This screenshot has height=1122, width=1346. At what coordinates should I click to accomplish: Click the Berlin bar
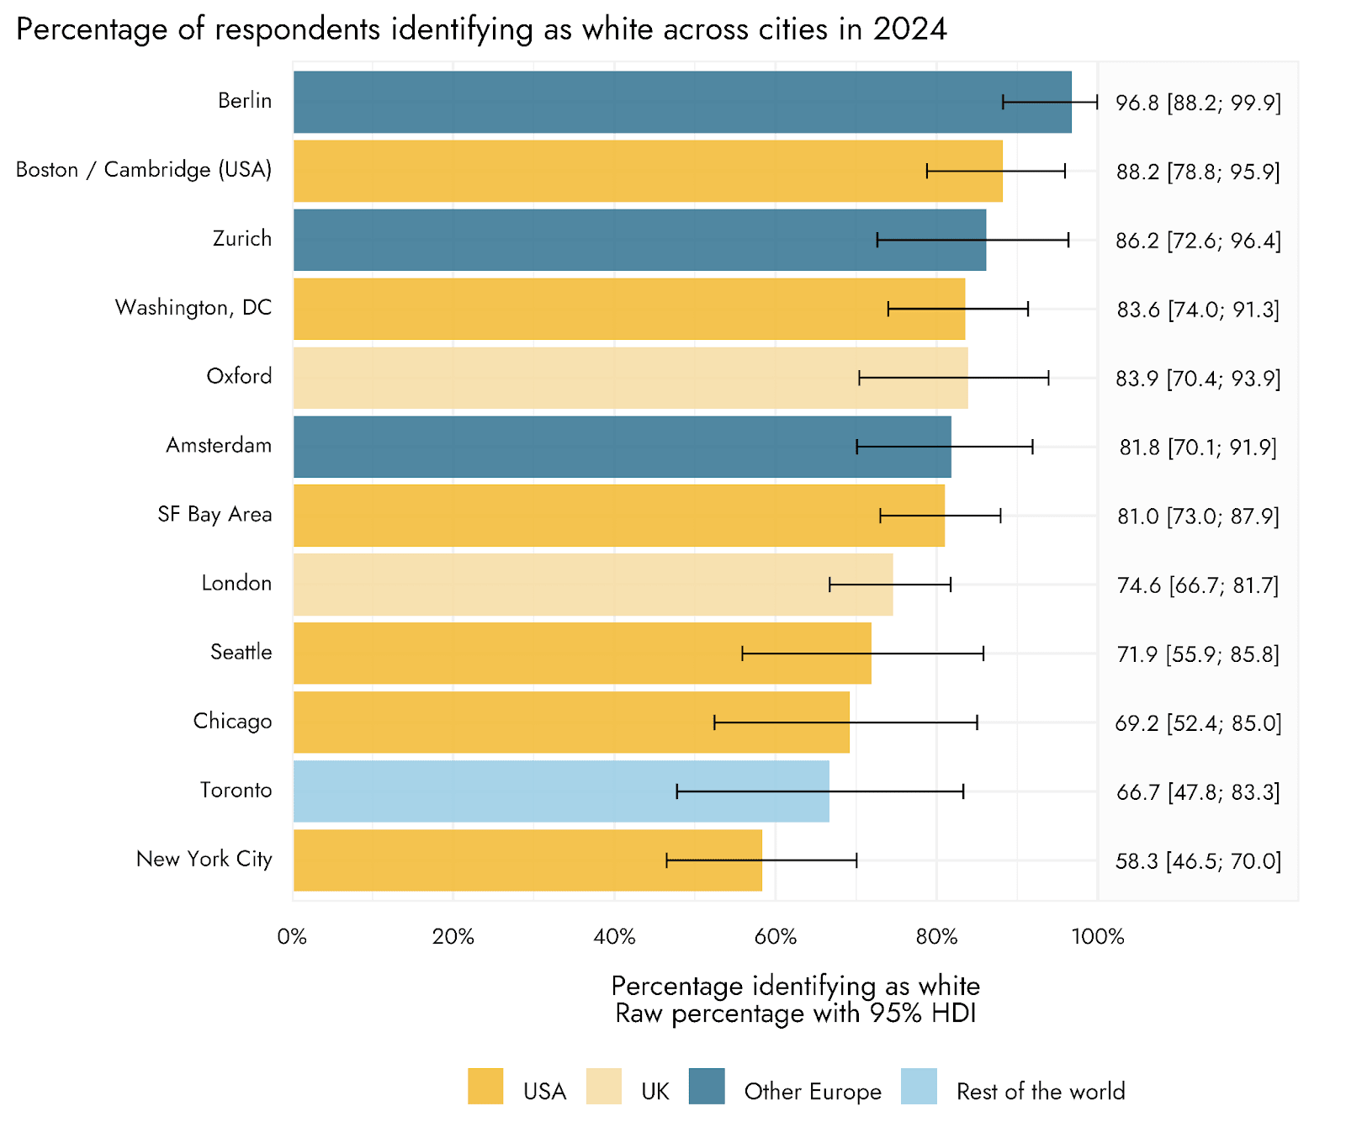coord(639,102)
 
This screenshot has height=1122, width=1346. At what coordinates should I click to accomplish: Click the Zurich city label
coord(242,239)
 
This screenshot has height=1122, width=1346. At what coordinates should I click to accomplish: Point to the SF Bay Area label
coord(215,515)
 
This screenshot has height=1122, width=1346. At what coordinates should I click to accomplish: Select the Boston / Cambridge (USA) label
coord(144,170)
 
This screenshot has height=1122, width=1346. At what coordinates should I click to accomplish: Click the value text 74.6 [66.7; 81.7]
coord(1198,585)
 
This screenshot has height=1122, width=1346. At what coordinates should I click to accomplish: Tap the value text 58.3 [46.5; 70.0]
coord(1198,861)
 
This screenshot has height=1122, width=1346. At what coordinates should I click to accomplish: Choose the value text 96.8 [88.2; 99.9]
coord(1198,103)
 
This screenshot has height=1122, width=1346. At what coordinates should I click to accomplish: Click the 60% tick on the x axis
coord(775,937)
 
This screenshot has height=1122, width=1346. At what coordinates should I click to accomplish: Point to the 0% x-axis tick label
coord(292,937)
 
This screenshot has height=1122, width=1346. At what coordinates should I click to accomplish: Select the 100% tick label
coord(1098,937)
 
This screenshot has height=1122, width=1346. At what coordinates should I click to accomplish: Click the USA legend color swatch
coord(485,1087)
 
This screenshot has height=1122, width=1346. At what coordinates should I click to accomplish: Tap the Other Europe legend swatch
coord(707,1087)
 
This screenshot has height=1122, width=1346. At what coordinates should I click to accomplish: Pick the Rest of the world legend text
coord(1041,1092)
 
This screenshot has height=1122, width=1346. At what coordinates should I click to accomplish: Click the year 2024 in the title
coord(909,29)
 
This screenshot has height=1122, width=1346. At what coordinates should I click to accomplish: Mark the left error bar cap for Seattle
coord(742,654)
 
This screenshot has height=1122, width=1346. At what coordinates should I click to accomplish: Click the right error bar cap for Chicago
coord(977,722)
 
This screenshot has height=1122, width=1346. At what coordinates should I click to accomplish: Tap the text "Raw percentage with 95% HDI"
coord(795,1014)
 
